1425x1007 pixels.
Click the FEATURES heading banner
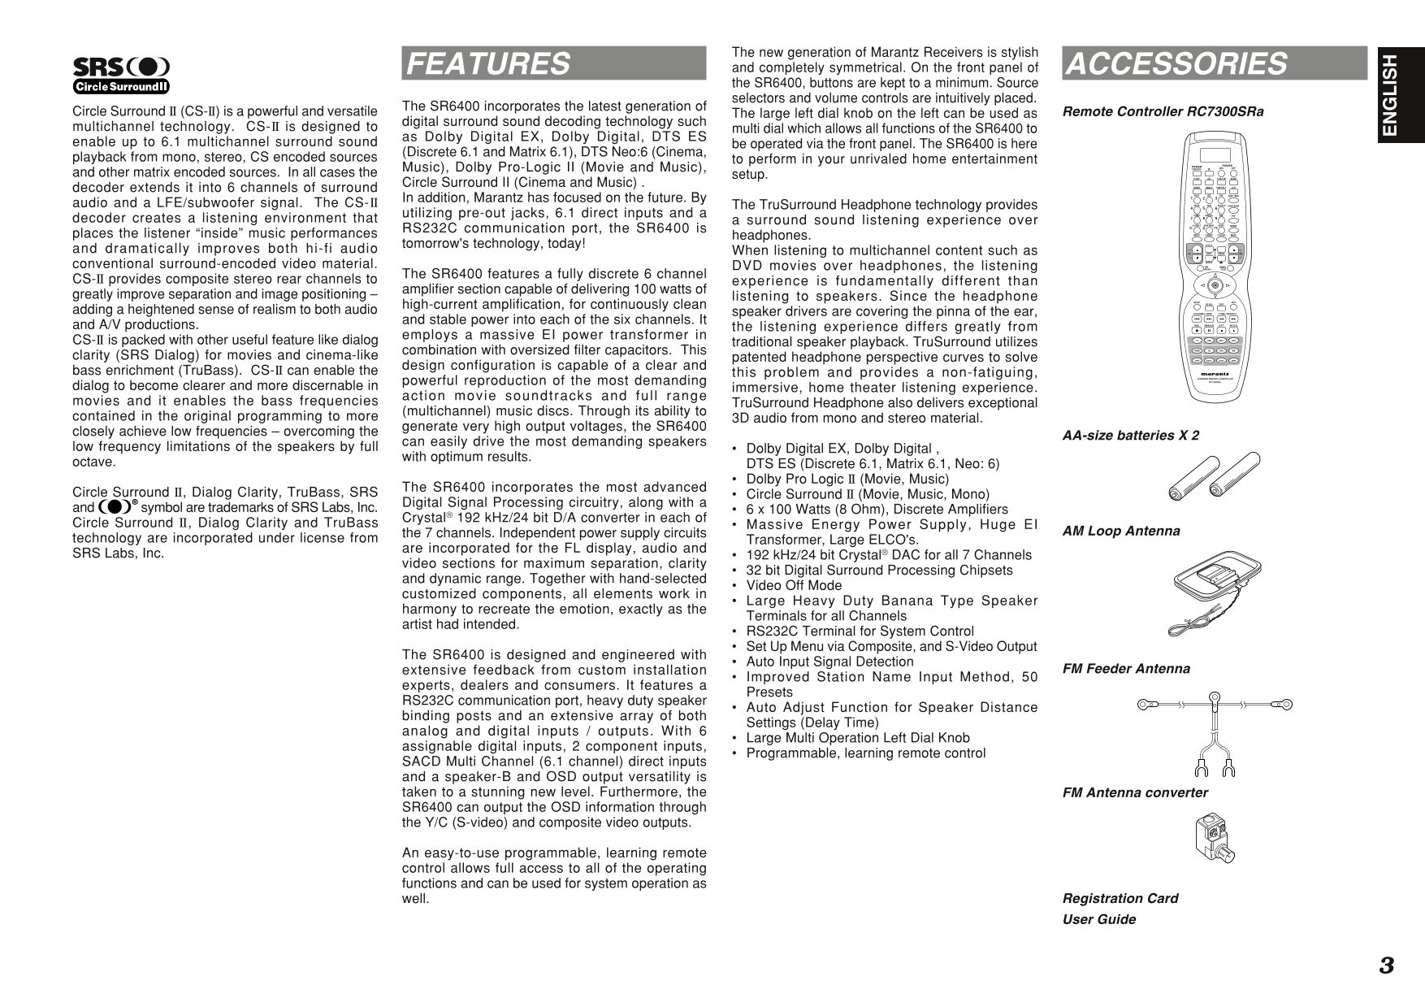click(x=553, y=63)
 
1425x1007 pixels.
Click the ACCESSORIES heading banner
click(x=1214, y=63)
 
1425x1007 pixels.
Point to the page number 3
click(x=1386, y=966)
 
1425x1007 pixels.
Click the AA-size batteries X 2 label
click(x=1130, y=436)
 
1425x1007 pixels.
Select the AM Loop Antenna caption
click(x=1121, y=532)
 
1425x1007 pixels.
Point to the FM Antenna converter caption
click(x=1135, y=792)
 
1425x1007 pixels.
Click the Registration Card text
click(x=1120, y=898)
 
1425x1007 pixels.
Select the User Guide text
click(x=1098, y=919)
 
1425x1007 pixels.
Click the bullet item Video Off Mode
click(x=794, y=585)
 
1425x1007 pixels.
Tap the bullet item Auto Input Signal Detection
click(x=829, y=662)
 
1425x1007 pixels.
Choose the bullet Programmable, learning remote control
click(x=865, y=753)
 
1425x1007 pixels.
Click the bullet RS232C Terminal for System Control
click(x=860, y=632)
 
